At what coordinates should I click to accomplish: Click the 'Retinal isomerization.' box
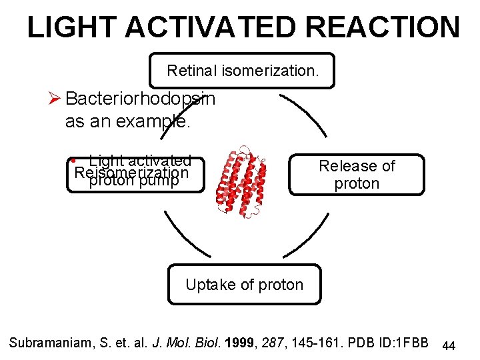tap(242, 71)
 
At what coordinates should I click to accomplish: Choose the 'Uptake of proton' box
tap(244, 285)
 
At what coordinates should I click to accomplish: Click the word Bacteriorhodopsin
tap(140, 99)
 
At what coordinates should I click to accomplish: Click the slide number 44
tap(449, 345)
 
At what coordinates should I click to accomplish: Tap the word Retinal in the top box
tap(189, 71)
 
